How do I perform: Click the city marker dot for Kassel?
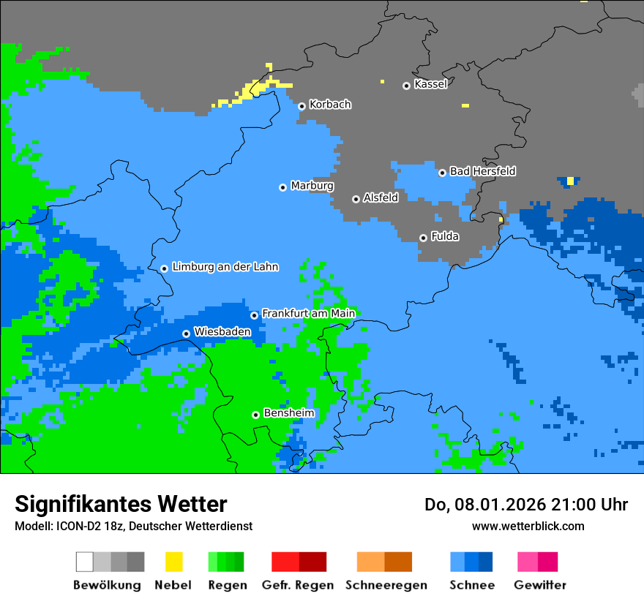[x=406, y=86]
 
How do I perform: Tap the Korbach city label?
[x=330, y=105]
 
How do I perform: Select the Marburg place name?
[x=312, y=186]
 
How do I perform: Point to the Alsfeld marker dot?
[x=356, y=199]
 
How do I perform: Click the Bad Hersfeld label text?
[x=482, y=171]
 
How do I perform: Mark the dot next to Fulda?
[x=423, y=238]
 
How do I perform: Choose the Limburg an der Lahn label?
[x=225, y=267]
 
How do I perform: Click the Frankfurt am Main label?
[x=308, y=314]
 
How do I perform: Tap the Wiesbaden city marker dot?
[x=186, y=333]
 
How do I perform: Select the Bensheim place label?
[x=288, y=413]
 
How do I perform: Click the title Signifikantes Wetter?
[x=121, y=505]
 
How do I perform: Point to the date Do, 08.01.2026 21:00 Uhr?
[x=525, y=505]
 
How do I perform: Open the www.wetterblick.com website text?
[x=528, y=526]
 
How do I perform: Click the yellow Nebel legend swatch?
[x=173, y=562]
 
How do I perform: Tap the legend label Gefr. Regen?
[x=298, y=585]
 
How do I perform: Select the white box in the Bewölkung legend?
[x=85, y=562]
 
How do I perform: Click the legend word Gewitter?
[x=540, y=585]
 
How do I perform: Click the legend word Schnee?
[x=471, y=585]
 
